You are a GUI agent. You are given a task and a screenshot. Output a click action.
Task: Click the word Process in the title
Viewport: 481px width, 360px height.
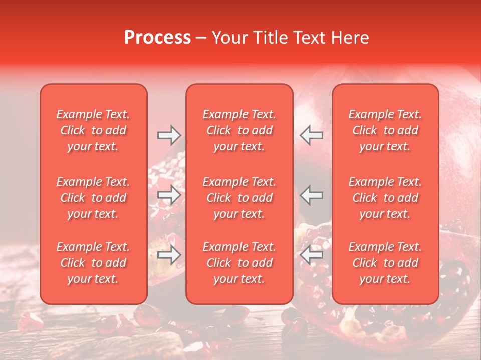click(157, 38)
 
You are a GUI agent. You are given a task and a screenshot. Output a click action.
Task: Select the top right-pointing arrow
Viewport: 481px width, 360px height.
click(169, 135)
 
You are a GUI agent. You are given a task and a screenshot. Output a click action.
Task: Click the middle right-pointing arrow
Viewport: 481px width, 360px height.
click(169, 195)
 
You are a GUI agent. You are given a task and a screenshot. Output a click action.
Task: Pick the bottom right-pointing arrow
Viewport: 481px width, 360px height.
click(169, 255)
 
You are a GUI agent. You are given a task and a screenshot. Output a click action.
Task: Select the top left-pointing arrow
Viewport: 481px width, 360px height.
click(311, 135)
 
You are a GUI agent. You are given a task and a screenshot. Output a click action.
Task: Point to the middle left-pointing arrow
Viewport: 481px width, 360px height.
click(311, 195)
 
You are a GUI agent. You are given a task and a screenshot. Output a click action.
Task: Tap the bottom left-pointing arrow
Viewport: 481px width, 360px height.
click(311, 255)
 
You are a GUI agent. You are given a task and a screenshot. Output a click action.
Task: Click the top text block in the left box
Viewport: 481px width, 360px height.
click(93, 130)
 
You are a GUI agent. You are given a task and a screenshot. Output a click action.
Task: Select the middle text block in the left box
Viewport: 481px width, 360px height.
click(93, 198)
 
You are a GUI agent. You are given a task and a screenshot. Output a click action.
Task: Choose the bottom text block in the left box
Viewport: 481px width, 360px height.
click(93, 263)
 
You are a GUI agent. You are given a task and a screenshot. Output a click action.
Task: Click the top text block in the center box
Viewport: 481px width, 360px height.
click(239, 130)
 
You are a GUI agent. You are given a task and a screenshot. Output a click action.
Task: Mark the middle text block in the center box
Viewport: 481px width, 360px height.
click(239, 198)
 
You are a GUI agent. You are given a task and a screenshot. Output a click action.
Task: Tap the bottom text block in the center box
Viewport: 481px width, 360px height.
click(239, 263)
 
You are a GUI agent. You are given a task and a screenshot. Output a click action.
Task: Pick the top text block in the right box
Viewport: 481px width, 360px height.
click(385, 130)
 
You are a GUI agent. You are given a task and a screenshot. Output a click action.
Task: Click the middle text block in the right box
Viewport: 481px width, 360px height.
click(385, 198)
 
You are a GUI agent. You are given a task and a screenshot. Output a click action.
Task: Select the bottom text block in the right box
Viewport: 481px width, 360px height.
click(385, 263)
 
